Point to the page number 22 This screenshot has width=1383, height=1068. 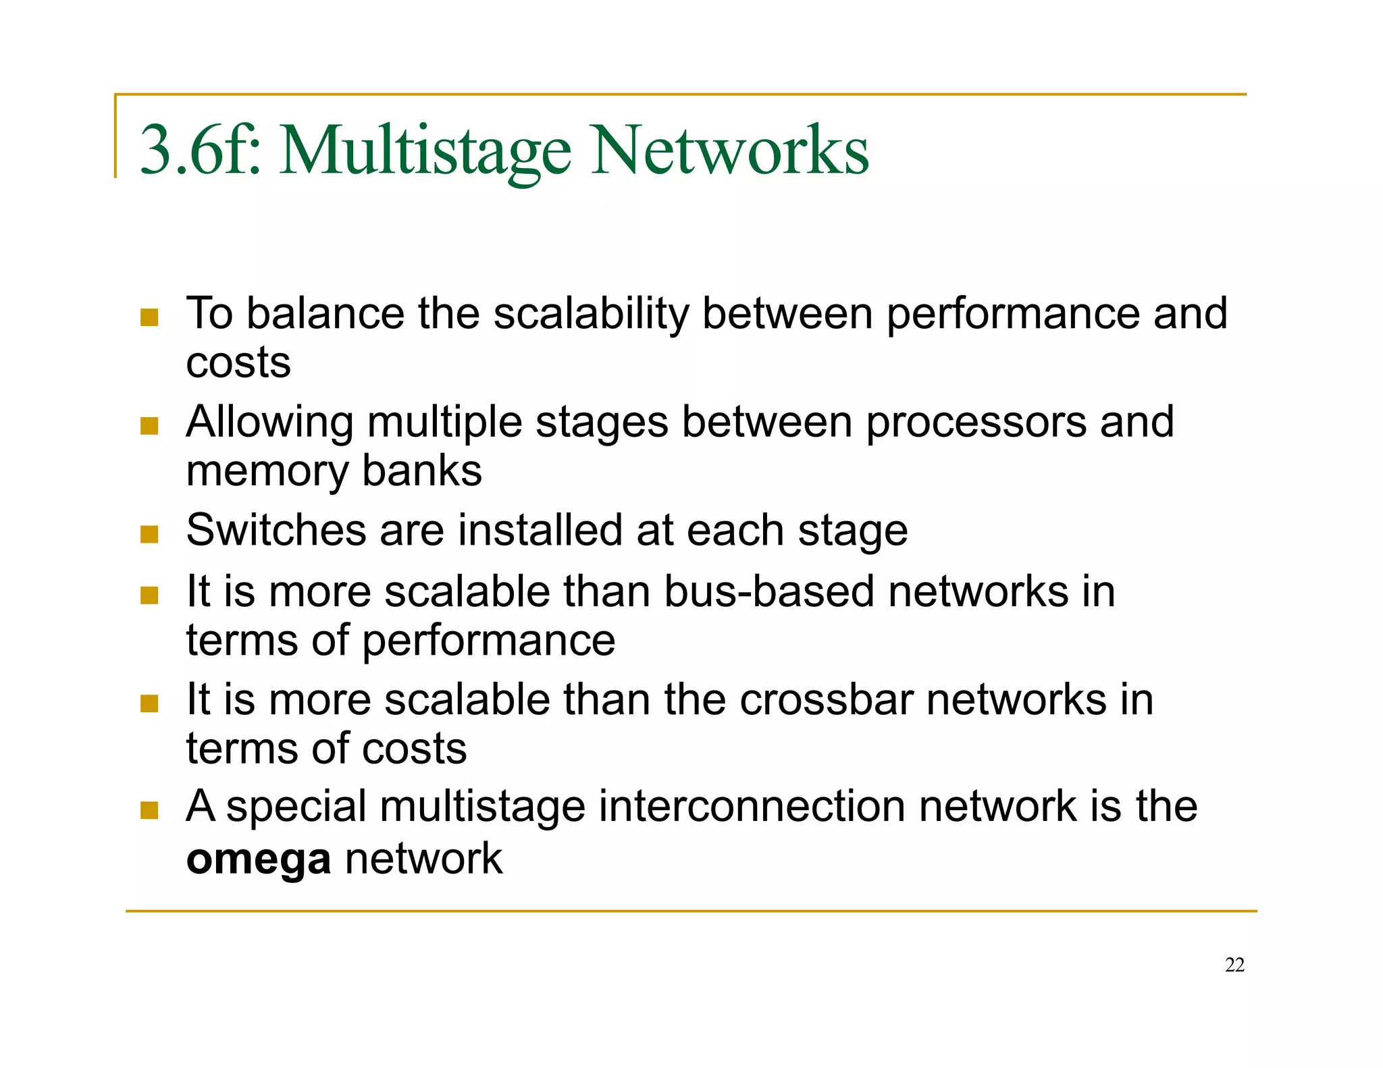coord(1234,965)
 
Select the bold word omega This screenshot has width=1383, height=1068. coord(259,859)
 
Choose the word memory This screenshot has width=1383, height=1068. coord(267,471)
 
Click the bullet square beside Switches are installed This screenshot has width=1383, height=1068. coord(149,535)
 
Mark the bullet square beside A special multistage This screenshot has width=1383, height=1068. coord(149,810)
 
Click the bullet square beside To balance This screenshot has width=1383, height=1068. coord(149,317)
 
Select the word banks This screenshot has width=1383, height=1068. coord(422,471)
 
